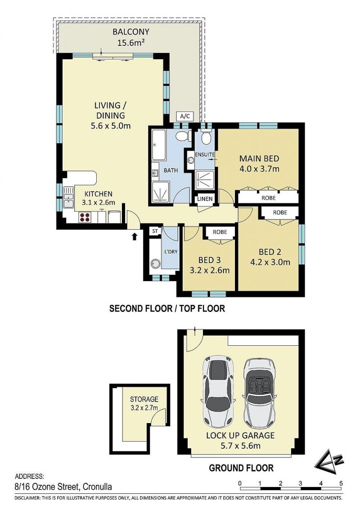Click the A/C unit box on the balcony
(184, 116)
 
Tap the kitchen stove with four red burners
(85, 217)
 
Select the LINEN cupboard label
(205, 199)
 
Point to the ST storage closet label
(155, 232)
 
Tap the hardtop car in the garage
(219, 392)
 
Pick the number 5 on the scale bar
(341, 483)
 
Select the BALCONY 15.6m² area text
(131, 37)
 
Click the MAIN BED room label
(259, 158)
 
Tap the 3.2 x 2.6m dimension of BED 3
(210, 270)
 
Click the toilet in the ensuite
(206, 137)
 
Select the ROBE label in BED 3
(220, 232)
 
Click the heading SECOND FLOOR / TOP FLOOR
(167, 308)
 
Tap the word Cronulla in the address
(98, 487)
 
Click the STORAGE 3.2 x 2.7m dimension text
(144, 408)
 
